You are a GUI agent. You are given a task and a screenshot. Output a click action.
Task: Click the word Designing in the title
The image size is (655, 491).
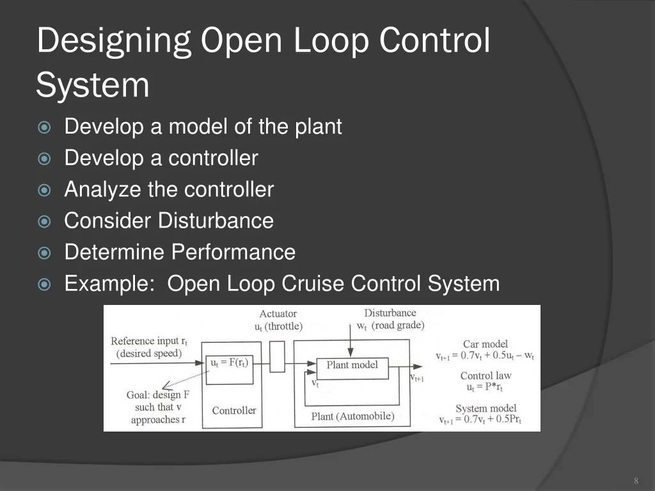(x=114, y=42)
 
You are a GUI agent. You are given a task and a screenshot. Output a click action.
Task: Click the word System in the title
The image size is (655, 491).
(x=93, y=85)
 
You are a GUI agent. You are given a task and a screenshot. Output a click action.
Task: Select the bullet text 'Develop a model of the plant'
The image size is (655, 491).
(x=203, y=127)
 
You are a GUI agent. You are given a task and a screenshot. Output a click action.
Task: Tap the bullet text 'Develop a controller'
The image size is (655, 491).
(x=161, y=158)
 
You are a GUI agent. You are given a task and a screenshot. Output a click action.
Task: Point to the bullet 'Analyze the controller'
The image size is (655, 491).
(x=169, y=189)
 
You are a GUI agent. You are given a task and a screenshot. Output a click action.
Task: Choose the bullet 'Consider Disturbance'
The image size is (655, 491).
(x=169, y=221)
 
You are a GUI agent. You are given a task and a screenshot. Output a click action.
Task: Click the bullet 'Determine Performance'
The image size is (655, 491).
(x=180, y=252)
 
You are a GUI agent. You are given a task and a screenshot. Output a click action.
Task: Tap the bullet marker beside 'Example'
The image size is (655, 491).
(x=44, y=284)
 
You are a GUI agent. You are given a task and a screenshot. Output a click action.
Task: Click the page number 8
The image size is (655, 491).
(x=636, y=481)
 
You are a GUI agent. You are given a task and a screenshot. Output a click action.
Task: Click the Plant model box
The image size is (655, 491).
(x=352, y=365)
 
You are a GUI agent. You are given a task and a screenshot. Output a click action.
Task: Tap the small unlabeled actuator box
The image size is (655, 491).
(x=277, y=357)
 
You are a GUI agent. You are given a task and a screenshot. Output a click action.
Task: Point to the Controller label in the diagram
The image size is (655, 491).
(x=234, y=410)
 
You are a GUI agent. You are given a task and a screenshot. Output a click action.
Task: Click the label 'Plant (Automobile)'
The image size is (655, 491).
(x=352, y=416)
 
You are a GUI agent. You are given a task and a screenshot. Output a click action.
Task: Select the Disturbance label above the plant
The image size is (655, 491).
(x=390, y=313)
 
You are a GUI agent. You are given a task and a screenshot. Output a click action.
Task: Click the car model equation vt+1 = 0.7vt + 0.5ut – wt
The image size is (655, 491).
(x=485, y=355)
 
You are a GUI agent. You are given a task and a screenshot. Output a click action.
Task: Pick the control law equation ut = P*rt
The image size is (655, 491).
(x=485, y=387)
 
